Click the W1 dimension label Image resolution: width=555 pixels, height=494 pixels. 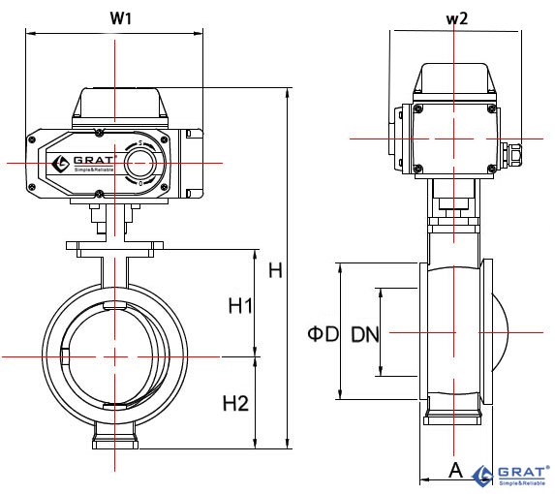pyautogui.click(x=121, y=18)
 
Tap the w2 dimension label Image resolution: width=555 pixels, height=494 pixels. pyautogui.click(x=457, y=18)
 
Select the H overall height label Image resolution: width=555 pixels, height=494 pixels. pyautogui.click(x=276, y=270)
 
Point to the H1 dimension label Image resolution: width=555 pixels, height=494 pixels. pyautogui.click(x=240, y=306)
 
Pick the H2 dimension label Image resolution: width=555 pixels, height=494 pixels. pyautogui.click(x=235, y=403)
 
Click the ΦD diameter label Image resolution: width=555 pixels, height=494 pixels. pyautogui.click(x=324, y=334)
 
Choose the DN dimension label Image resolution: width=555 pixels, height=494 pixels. pyautogui.click(x=365, y=334)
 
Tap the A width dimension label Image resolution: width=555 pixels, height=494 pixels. pyautogui.click(x=456, y=471)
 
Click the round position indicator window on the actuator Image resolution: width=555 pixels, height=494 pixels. pyautogui.click(x=140, y=164)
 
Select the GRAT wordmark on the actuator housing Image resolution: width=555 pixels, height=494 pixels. pyautogui.click(x=93, y=160)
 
